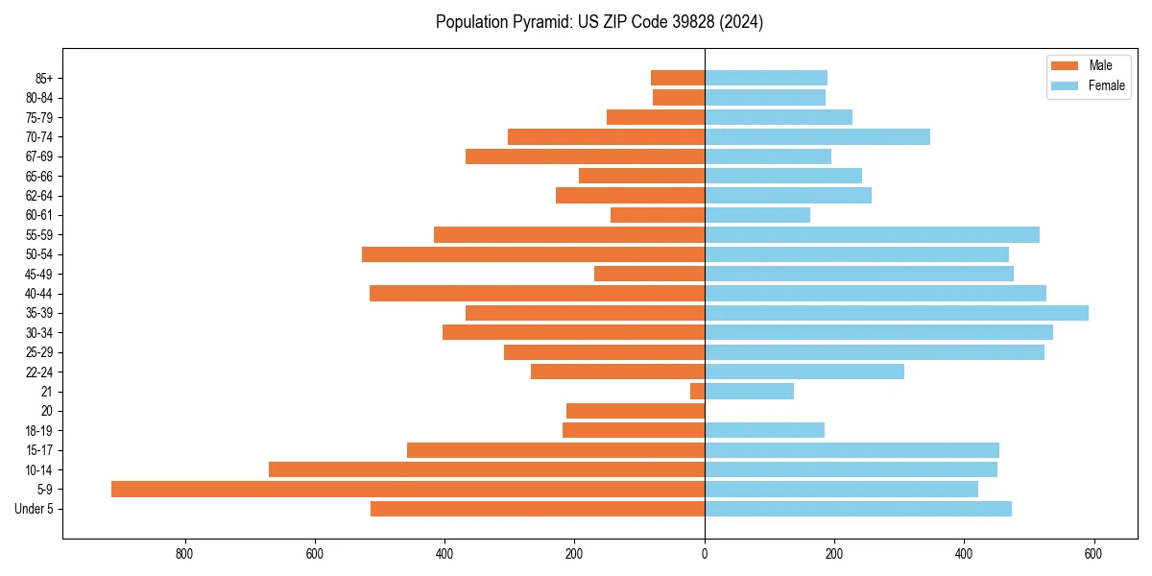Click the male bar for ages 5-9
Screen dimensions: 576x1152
pos(408,489)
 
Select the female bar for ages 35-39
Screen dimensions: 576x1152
pos(897,313)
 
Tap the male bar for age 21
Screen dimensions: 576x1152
pos(697,391)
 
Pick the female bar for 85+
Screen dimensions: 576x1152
pos(766,78)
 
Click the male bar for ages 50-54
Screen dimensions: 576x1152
pos(533,254)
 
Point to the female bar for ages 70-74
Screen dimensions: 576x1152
pos(817,136)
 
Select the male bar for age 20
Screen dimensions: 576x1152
pos(636,411)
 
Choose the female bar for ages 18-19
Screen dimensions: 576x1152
pos(764,430)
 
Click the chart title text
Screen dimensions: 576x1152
pos(599,22)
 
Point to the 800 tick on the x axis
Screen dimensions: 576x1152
pos(184,553)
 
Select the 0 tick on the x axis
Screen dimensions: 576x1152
pos(705,553)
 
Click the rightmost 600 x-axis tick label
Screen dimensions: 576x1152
pos(1093,553)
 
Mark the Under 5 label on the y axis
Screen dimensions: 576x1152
pos(34,509)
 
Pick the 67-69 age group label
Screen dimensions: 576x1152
pos(39,156)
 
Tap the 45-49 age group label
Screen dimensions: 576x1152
pos(39,274)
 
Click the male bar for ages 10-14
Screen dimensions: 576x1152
pos(487,469)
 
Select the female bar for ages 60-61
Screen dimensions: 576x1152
pos(757,215)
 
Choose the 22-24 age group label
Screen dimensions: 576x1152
pos(39,372)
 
